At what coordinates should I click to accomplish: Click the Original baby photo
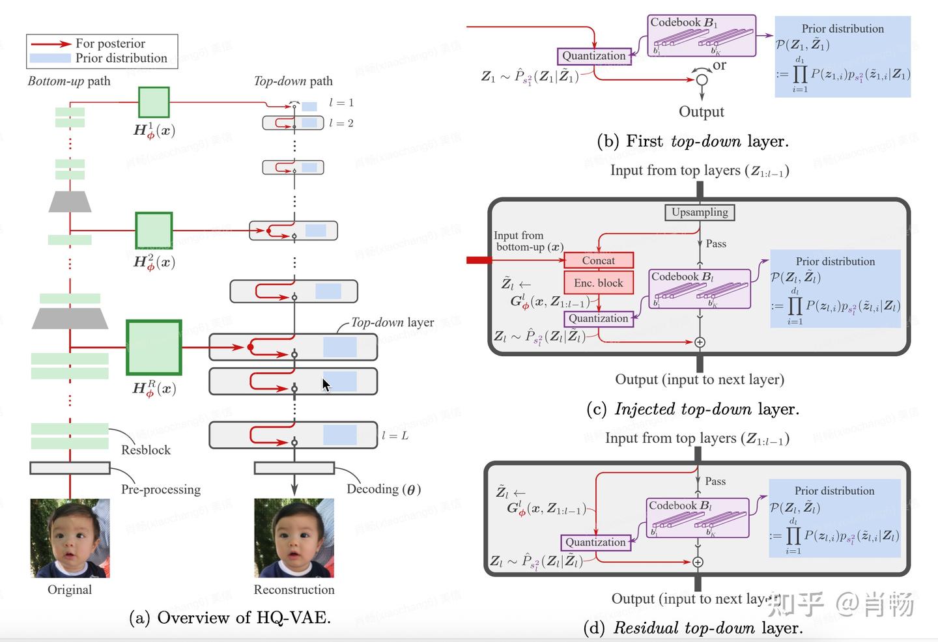coord(70,538)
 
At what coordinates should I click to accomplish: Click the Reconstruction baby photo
coord(294,538)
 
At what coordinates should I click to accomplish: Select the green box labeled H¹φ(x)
coord(154,103)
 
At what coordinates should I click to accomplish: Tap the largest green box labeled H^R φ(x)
coord(154,348)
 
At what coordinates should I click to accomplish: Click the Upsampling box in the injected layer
coord(700,212)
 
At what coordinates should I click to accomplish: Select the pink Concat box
coord(598,260)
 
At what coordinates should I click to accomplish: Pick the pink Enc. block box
coord(598,283)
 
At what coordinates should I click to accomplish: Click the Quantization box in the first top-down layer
coord(594,56)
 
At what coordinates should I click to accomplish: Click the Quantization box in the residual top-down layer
coord(595,542)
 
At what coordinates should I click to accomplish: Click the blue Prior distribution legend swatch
coord(50,58)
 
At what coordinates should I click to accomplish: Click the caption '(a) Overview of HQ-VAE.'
coord(230,617)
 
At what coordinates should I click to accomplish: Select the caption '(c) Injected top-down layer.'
coord(692,409)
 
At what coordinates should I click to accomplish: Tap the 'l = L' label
coord(395,436)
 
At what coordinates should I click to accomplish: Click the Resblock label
coord(146,450)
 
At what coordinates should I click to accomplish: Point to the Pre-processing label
coord(160,490)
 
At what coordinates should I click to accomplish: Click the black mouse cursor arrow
coord(326,385)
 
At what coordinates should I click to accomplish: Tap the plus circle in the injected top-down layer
coord(700,342)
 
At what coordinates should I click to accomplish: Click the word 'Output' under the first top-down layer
coord(701,111)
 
